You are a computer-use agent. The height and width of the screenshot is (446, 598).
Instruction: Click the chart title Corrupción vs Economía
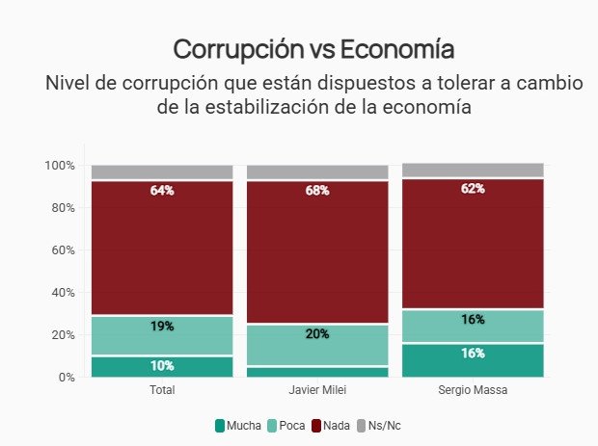pyautogui.click(x=313, y=49)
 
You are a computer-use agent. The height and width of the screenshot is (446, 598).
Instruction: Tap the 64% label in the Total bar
pyautogui.click(x=162, y=191)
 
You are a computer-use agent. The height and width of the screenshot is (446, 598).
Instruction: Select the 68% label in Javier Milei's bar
pyautogui.click(x=317, y=191)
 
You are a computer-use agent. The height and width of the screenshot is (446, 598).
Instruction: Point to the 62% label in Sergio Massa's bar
pyautogui.click(x=473, y=189)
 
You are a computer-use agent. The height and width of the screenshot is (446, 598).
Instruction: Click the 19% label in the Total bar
pyautogui.click(x=162, y=327)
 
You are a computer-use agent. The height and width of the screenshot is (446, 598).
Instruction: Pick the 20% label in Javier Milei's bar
pyautogui.click(x=317, y=334)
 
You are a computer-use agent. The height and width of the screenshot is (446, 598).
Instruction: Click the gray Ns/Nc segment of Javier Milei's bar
pyautogui.click(x=317, y=172)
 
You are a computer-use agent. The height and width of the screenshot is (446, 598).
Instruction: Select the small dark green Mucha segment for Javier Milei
pyautogui.click(x=317, y=372)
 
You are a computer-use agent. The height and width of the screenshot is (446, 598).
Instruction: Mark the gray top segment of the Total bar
pyautogui.click(x=162, y=172)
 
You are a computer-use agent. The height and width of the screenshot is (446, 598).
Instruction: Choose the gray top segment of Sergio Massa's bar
pyautogui.click(x=473, y=171)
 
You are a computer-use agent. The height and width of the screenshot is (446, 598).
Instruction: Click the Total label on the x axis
pyautogui.click(x=162, y=392)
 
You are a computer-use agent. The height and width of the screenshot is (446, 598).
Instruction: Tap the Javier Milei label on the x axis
pyautogui.click(x=317, y=392)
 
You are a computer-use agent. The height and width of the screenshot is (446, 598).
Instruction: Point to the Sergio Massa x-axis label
pyautogui.click(x=473, y=392)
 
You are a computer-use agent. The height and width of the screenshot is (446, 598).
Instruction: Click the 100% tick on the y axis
pyautogui.click(x=59, y=166)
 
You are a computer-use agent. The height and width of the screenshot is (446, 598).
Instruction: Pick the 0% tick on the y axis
pyautogui.click(x=66, y=378)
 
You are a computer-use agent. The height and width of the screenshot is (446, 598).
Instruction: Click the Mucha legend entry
pyautogui.click(x=237, y=425)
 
